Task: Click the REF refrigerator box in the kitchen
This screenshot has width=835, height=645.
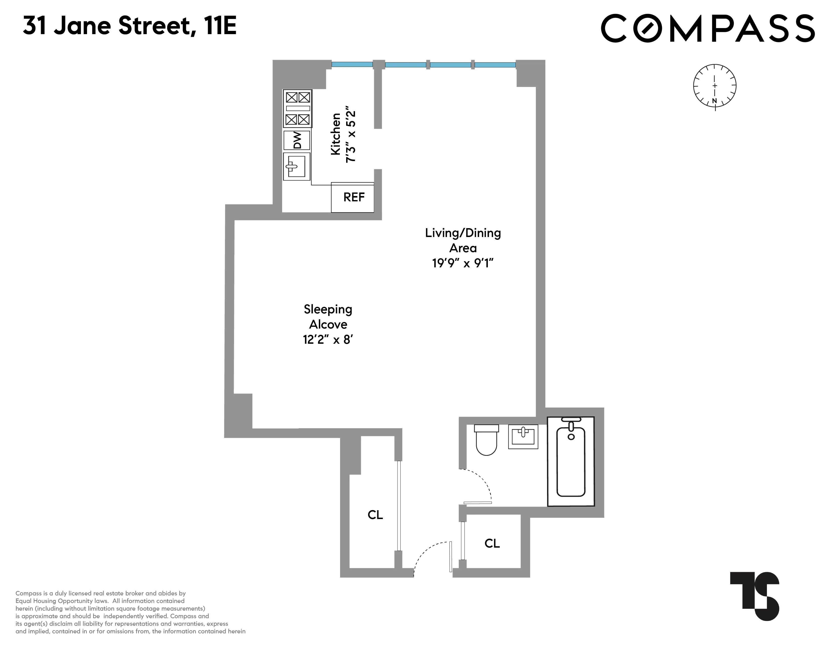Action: [x=352, y=197]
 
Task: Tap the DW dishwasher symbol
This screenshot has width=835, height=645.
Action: [x=297, y=140]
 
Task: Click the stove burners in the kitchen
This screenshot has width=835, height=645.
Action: [x=298, y=109]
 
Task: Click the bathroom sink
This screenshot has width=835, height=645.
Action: [x=523, y=436]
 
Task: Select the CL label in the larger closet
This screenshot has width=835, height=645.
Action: [x=375, y=515]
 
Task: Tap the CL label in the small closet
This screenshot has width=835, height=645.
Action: [x=492, y=543]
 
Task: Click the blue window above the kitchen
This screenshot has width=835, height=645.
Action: [x=352, y=64]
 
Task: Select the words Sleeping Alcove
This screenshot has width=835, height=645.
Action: [x=328, y=317]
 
